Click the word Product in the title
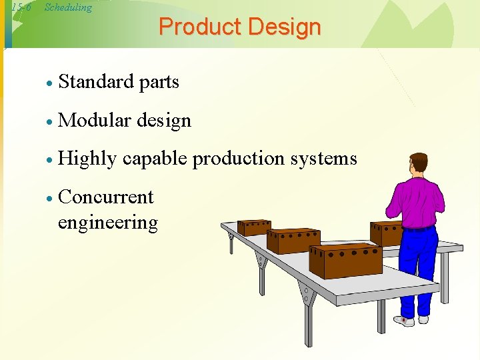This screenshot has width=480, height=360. pos(200,27)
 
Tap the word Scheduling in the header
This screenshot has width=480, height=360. pos(68,8)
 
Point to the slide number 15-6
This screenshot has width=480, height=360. pos(22,8)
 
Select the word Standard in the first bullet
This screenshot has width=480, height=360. pos(96,82)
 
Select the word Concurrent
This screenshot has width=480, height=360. pos(106,197)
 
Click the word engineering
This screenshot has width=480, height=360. pos(108,223)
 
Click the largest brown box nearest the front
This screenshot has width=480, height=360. pos(345,261)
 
